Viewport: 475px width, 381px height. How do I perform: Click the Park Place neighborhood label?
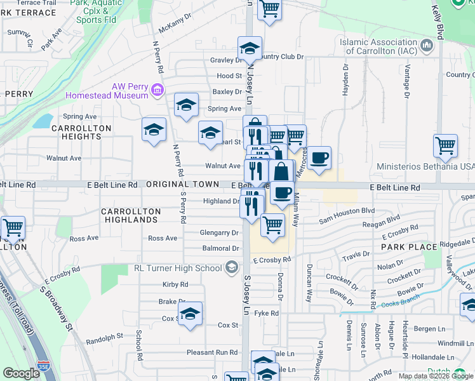(409, 246)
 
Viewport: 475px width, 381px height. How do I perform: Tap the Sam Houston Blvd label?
(347, 211)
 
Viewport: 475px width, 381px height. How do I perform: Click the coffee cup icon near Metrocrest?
(320, 158)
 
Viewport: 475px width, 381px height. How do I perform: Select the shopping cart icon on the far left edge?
(12, 228)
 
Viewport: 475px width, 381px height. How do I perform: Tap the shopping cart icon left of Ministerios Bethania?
(445, 145)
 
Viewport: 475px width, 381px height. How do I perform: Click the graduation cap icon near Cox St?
(190, 314)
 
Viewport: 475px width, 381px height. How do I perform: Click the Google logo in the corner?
(21, 373)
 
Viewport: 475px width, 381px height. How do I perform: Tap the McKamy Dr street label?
(175, 29)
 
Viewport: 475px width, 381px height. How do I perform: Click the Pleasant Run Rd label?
(211, 352)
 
